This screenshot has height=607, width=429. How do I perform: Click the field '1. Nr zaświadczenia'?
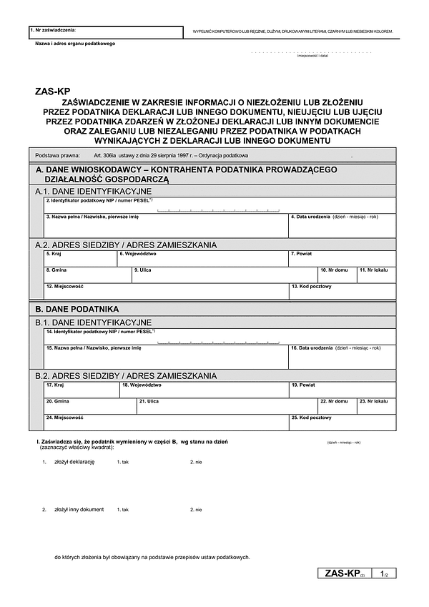point(106,33)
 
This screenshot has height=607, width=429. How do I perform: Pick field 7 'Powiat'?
point(342,260)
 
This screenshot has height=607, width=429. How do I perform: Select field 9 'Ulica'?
point(225,276)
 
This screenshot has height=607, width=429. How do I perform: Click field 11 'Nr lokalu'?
point(376,276)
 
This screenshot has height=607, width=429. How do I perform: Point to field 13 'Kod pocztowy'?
point(342,292)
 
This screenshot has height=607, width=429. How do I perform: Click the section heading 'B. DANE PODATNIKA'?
point(77,310)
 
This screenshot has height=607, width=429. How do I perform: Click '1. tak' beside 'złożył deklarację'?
point(122,463)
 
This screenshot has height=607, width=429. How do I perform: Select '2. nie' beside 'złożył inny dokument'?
point(196,510)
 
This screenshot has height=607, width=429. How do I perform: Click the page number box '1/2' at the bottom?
point(385,573)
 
